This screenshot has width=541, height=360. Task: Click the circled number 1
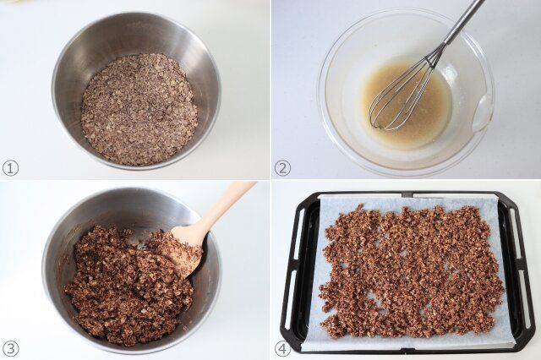pos(10,169)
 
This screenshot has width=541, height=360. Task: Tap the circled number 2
pos(282,169)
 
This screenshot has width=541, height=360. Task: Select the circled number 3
pos(10,349)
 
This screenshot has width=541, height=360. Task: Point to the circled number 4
pos(282,349)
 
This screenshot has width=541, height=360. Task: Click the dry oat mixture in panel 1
pos(139,109)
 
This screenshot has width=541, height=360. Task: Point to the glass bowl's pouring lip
pos(483,114)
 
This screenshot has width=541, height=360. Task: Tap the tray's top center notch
pos(407,195)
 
